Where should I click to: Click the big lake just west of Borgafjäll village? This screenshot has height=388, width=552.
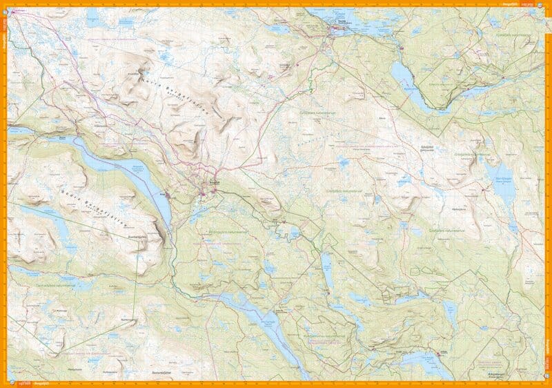(131, 176)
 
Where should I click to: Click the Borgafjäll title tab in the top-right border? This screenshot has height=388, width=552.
(526, 4)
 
